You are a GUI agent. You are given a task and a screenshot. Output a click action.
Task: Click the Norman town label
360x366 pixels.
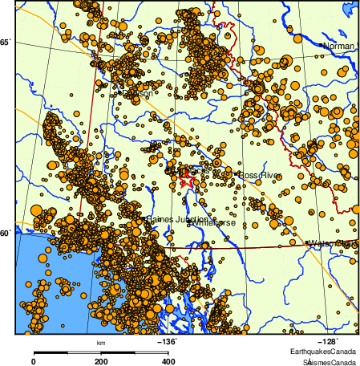[339, 46]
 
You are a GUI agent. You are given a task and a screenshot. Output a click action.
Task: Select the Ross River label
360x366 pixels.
[258, 175]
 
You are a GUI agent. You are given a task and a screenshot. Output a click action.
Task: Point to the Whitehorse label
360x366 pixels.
[212, 222]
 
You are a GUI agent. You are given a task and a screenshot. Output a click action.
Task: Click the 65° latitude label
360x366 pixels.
[6, 42]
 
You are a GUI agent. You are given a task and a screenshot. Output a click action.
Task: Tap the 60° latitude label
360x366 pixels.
[6, 233]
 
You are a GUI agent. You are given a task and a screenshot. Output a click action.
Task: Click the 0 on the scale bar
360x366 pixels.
[33, 362]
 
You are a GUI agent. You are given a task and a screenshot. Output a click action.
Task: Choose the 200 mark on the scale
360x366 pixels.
[101, 362]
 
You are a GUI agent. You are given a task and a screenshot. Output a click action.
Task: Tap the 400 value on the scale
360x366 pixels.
[169, 362]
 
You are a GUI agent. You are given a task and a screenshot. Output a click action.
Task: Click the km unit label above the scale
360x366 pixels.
[101, 344]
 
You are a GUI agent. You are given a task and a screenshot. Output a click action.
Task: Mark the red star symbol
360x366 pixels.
[184, 174]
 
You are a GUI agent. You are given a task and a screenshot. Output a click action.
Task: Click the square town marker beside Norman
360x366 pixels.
[322, 46]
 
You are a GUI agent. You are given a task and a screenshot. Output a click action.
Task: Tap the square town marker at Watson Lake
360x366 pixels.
[307, 242]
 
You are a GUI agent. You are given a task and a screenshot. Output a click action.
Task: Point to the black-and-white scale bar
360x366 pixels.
[101, 352]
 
